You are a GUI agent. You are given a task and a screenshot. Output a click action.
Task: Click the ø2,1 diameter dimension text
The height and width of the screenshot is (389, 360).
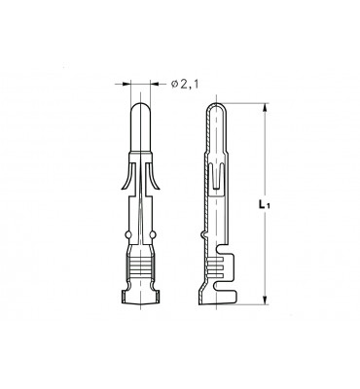click(184, 85)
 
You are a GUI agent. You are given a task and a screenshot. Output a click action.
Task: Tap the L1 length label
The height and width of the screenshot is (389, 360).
click(264, 204)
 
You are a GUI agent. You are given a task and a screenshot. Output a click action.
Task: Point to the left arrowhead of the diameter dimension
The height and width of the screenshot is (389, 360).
click(126, 85)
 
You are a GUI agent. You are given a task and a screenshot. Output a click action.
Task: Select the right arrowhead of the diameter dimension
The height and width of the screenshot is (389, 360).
click(155, 85)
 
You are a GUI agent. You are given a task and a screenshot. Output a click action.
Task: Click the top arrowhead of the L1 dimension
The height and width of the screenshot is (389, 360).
click(266, 108)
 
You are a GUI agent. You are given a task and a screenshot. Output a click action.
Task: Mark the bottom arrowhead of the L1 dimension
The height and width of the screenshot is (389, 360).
click(266, 301)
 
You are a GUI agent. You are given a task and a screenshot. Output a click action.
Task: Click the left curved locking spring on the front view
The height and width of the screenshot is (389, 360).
click(127, 177)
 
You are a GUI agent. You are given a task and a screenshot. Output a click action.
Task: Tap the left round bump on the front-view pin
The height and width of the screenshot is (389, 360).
click(128, 234)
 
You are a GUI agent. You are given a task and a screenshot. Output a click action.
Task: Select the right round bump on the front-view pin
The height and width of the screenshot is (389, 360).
click(153, 234)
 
